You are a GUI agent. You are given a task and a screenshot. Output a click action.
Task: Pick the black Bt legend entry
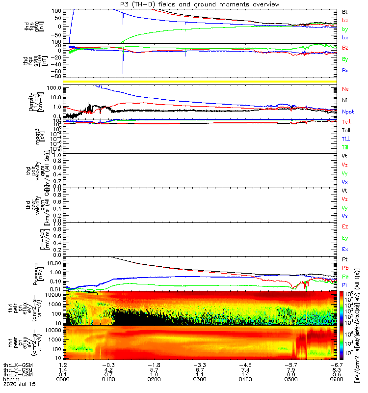click(x=345, y=11)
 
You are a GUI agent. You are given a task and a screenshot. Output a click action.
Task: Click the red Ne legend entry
click(x=345, y=89)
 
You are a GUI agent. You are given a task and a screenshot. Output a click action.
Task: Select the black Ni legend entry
click(x=345, y=100)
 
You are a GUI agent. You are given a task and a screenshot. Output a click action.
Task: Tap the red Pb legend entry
click(x=345, y=268)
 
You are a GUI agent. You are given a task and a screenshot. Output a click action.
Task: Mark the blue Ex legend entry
click(x=345, y=250)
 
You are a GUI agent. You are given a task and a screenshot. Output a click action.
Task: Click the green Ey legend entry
click(x=345, y=238)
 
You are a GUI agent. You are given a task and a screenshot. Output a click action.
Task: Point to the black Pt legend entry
click(x=345, y=259)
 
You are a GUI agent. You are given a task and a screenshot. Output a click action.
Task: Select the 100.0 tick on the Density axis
click(x=53, y=87)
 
